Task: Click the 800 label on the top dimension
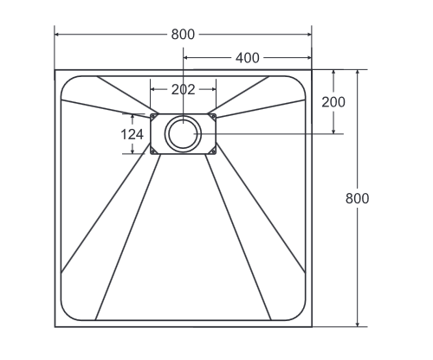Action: tap(183, 35)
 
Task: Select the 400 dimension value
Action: tap(248, 58)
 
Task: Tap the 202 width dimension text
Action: tap(183, 88)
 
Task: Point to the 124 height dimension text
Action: tap(132, 134)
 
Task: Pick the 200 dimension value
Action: tap(333, 101)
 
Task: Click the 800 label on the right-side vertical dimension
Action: tap(357, 197)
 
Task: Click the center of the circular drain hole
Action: tap(183, 134)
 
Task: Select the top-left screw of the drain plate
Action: tap(154, 116)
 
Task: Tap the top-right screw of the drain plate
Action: tap(212, 116)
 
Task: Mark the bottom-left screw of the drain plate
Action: tap(154, 152)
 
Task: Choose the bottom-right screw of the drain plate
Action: tap(212, 152)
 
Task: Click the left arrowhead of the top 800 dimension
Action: tap(58, 35)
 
